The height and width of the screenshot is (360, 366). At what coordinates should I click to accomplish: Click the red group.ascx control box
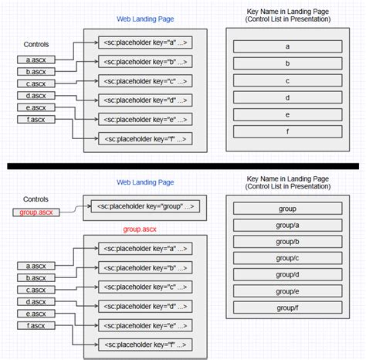coord(36,212)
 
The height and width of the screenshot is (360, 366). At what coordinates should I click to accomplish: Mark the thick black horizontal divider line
coord(183,166)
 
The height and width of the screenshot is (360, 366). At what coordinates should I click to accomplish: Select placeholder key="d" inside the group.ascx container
coord(145,306)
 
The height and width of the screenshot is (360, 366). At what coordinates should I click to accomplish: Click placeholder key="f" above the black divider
coord(145,139)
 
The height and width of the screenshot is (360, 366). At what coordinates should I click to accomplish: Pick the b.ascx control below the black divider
coord(35,278)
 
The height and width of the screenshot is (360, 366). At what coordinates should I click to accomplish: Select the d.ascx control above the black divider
coord(35,97)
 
